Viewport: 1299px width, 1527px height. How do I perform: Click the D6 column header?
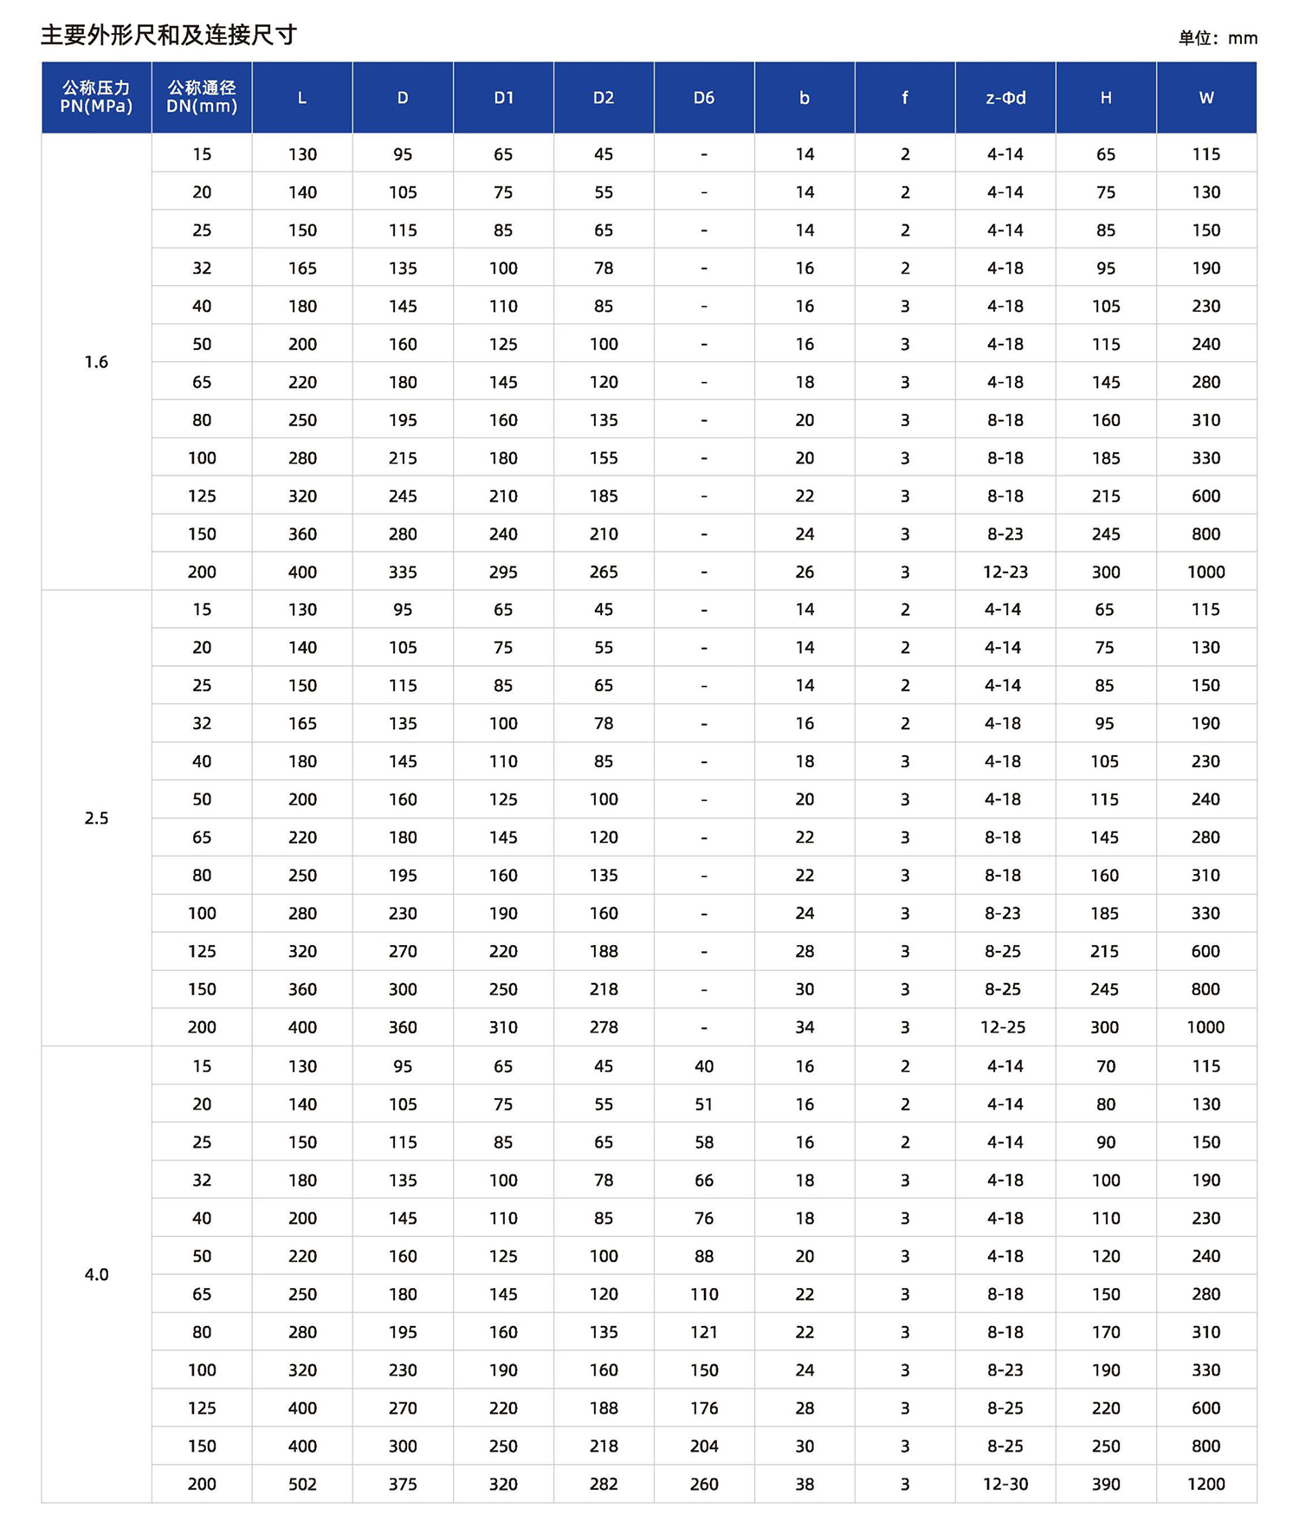(704, 98)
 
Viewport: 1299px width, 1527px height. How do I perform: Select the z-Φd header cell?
(1005, 98)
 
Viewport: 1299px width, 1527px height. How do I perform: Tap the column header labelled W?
(1205, 98)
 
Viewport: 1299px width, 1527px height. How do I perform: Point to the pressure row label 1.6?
(96, 362)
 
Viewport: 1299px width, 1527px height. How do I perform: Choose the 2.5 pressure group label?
(96, 818)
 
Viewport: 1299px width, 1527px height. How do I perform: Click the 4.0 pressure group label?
(96, 1274)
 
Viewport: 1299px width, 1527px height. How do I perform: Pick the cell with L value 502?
(302, 1484)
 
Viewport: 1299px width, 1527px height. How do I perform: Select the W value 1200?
(1205, 1484)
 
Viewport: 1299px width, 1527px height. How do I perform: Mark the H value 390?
(1106, 1484)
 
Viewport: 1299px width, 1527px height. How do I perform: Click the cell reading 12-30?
(1005, 1484)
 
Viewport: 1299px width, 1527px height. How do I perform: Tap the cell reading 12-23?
(1005, 572)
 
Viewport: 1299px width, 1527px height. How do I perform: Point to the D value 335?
(403, 572)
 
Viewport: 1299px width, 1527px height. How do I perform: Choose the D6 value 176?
(704, 1407)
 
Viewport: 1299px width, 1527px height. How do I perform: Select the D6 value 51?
(704, 1104)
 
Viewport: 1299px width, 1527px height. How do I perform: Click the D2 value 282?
(604, 1484)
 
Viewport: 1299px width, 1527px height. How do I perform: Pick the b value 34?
(805, 1027)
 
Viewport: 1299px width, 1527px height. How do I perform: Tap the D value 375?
(403, 1484)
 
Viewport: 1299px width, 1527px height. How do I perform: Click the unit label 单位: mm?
(1218, 38)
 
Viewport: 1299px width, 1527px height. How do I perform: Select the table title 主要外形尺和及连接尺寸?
(169, 35)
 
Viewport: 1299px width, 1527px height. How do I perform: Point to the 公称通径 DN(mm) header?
(202, 97)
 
